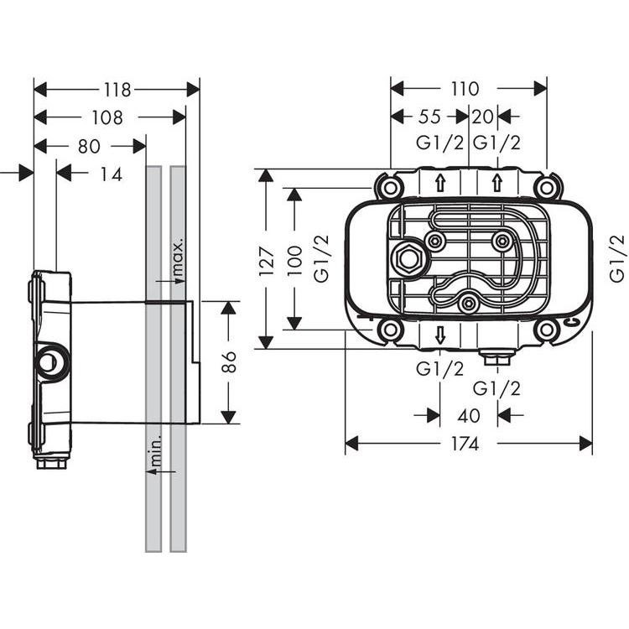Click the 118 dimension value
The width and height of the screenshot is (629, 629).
117,89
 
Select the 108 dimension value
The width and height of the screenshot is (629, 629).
107,117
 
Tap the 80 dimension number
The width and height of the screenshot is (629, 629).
90,146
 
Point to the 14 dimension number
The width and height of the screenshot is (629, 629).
111,174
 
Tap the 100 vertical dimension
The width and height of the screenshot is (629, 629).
294,257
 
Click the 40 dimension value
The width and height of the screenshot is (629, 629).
469,415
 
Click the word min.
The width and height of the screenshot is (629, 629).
154,453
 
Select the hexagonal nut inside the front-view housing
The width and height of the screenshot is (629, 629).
408,259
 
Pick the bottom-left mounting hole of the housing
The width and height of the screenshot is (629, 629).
389,330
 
